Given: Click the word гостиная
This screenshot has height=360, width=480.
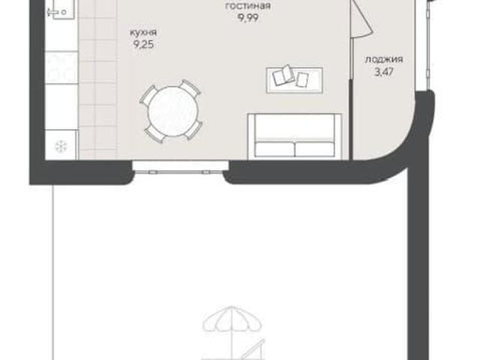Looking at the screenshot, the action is point(248,6).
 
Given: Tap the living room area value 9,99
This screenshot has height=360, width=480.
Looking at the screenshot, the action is point(248,18).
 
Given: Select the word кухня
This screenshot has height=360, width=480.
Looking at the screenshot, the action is point(143,32).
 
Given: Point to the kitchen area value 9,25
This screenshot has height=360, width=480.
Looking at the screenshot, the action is point(143,45).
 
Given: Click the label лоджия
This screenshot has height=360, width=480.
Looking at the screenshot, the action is point(384,59).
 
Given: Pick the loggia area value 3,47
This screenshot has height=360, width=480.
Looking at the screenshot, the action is point(384,72).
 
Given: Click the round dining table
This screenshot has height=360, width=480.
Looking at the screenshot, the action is point(173,111).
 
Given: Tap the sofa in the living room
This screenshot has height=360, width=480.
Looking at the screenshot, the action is point(295,136).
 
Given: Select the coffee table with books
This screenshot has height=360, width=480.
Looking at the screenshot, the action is point(295,80).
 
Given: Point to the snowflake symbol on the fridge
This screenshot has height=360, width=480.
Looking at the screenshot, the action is point(61,146).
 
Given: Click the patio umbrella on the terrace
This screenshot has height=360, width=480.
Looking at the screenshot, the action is point(232,318).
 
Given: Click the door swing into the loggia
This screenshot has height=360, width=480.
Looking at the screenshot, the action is point(361,19).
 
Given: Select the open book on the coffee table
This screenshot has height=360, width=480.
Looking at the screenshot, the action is point(283,74).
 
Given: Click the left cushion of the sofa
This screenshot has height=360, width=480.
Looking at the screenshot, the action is point(274,149).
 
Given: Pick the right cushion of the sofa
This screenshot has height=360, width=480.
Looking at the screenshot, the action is point(314,149).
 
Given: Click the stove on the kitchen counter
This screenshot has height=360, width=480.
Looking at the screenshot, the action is point(61,67).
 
